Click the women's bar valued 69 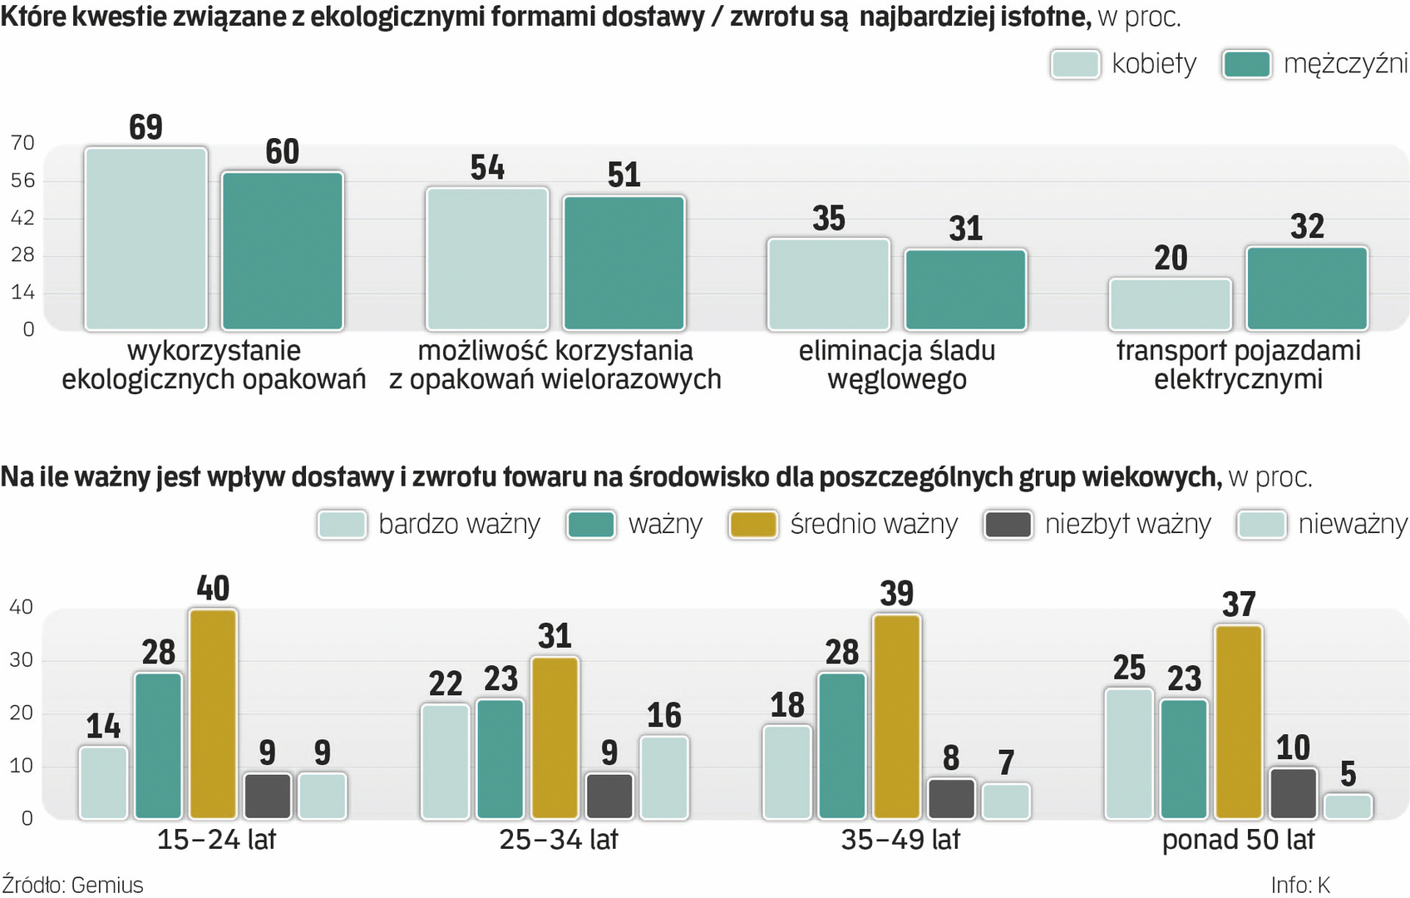[x=145, y=239]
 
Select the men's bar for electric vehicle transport [x=1306, y=289]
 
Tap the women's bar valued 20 [x=1170, y=304]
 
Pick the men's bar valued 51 [x=624, y=263]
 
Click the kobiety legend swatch [x=1075, y=64]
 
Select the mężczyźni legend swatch [x=1246, y=64]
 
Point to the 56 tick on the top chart [x=22, y=180]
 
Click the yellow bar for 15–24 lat [x=213, y=714]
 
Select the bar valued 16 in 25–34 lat [x=664, y=777]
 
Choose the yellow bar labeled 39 [x=897, y=717]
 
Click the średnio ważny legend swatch [x=752, y=525]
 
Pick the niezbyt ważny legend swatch [x=1008, y=525]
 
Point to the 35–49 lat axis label [x=900, y=840]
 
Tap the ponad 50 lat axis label [x=1238, y=840]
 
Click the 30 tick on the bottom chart [x=21, y=660]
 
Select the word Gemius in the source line [x=107, y=885]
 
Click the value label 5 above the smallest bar [x=1348, y=774]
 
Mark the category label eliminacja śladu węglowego [x=897, y=365]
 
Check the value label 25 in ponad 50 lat [x=1129, y=668]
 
